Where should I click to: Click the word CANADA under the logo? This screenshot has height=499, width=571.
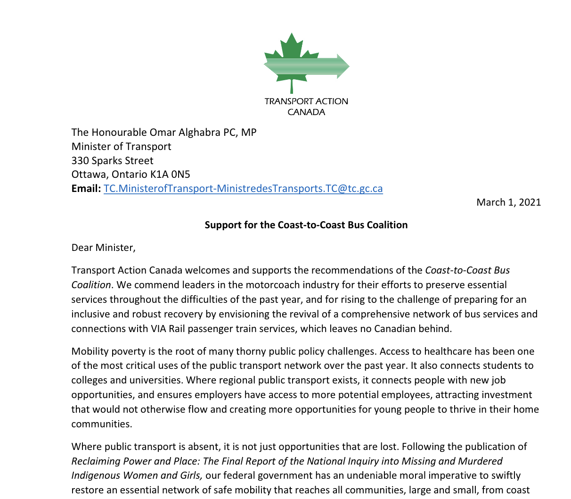306,112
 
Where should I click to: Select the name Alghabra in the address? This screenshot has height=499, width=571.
199,132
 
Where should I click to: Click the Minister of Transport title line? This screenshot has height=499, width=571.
121,146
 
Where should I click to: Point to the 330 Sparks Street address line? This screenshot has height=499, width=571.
112,160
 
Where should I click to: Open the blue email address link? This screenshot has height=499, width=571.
243,188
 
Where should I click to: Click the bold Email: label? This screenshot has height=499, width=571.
86,188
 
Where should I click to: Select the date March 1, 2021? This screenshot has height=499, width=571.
508,202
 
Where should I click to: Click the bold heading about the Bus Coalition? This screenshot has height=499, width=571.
306,225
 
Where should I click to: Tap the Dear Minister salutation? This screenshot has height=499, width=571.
103,248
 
